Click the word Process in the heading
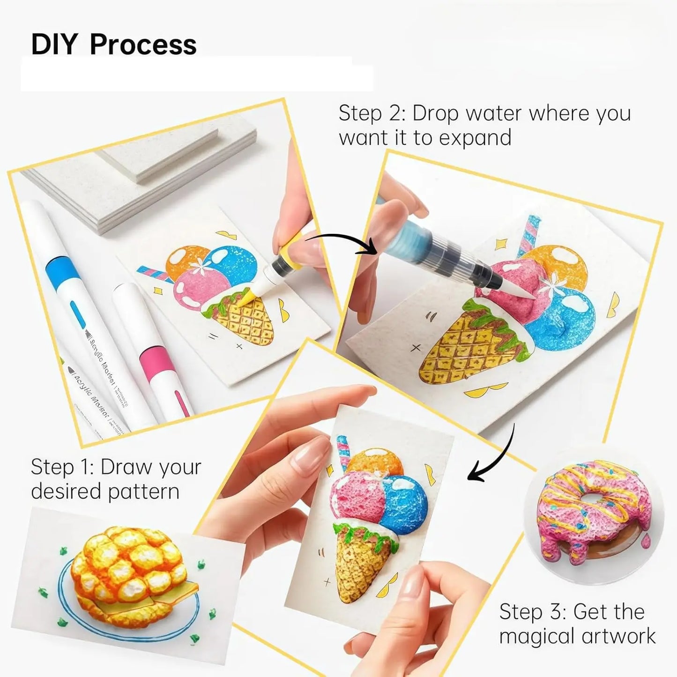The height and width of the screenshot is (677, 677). (x=143, y=45)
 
